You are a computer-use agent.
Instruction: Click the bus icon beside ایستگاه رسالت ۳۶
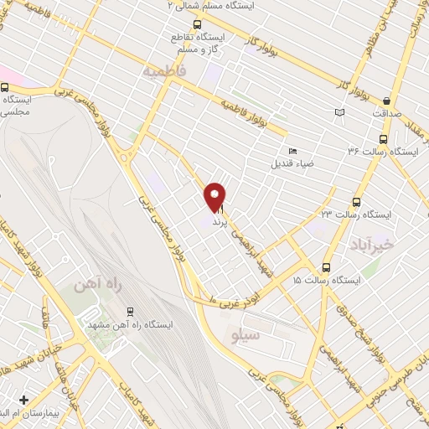(383, 140)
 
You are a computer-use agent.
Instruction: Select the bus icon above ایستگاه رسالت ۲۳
(357, 202)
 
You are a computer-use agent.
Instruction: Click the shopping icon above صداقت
(386, 100)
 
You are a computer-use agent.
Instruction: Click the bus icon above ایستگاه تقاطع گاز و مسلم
(197, 24)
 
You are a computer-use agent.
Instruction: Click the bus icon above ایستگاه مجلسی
(5, 86)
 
